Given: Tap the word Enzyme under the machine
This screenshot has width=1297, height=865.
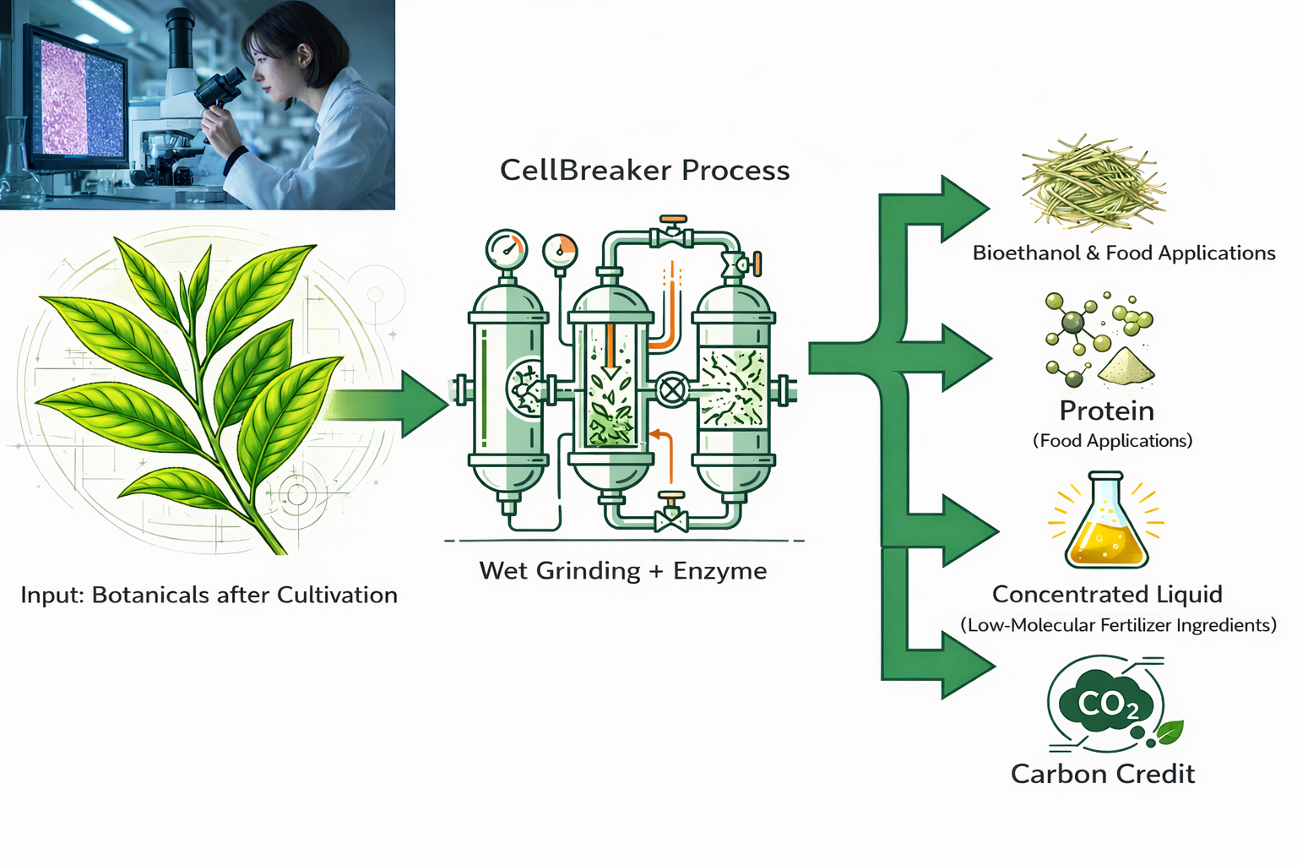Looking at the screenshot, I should click(x=719, y=571).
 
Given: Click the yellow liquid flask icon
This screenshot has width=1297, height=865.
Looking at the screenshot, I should click(x=1106, y=523).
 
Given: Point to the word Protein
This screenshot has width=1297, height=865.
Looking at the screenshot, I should click(x=1106, y=411).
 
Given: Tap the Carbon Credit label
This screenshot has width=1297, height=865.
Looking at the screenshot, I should click(x=1102, y=774).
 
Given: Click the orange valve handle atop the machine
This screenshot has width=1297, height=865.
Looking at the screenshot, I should click(x=673, y=221).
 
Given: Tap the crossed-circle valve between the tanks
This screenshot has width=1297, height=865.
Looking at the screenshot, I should click(x=672, y=390).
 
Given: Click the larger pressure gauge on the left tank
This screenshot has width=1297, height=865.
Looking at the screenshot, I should click(x=507, y=249).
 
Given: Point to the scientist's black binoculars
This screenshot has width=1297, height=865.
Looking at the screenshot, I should click(x=220, y=88).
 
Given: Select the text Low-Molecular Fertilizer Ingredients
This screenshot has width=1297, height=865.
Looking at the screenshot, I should click(x=1118, y=625).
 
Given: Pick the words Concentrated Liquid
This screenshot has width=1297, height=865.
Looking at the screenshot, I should click(x=1106, y=595).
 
